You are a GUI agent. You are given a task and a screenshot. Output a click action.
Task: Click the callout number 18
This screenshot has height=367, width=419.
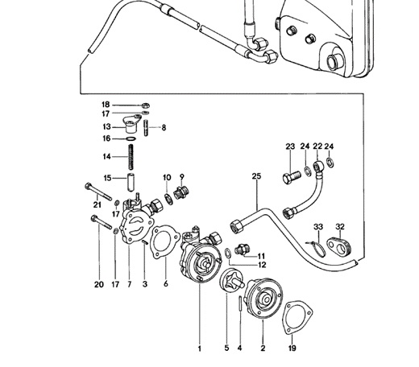(106, 105)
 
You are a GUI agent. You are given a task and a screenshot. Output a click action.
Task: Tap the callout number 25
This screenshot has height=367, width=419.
(256, 176)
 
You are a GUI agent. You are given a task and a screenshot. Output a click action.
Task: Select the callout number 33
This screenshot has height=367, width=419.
(318, 227)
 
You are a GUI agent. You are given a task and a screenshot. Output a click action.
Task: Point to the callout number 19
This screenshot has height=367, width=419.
(292, 348)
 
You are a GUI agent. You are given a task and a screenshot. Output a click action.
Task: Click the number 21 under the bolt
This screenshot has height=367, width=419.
(97, 204)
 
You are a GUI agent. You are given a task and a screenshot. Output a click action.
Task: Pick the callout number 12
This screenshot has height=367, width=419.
(262, 265)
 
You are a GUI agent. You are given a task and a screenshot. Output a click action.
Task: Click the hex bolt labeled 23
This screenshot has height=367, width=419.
(292, 177)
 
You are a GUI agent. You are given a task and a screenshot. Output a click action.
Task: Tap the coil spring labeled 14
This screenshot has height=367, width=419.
(131, 157)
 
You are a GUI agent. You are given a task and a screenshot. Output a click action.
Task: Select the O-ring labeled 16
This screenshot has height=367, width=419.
(131, 138)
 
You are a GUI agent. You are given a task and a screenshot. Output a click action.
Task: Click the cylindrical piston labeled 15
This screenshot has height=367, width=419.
(131, 183)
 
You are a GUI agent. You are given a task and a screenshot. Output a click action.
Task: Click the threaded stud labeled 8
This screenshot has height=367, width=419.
(146, 129)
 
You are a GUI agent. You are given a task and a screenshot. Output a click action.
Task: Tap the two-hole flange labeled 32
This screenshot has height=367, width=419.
(339, 245)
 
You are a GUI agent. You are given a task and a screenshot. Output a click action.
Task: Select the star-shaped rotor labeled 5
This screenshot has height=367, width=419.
(231, 281)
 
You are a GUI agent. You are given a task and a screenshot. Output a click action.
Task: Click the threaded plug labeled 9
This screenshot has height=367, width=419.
(181, 193)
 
